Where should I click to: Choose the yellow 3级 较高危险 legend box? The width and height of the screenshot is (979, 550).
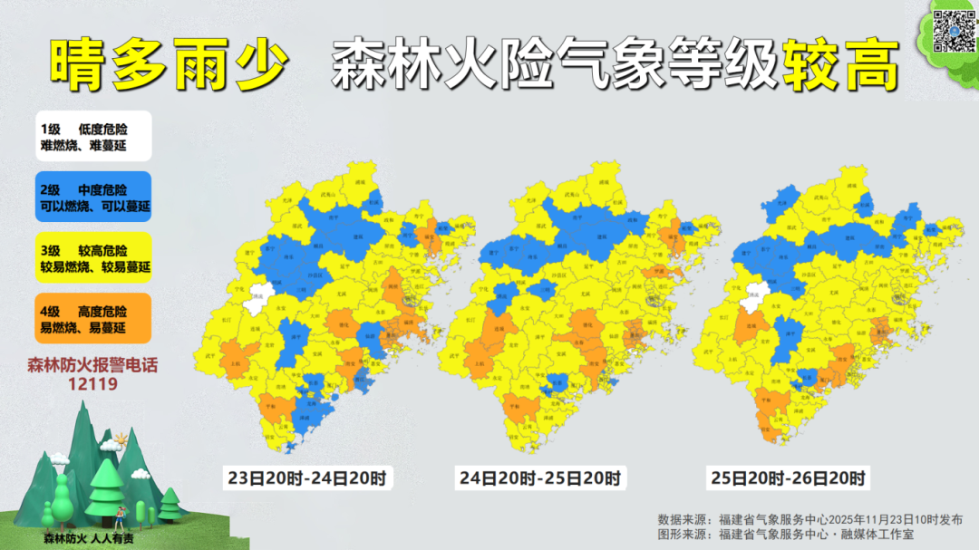(x=94, y=258)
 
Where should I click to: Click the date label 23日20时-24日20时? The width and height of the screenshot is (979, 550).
(x=307, y=478)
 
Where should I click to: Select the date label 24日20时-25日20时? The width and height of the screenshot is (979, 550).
(x=541, y=478)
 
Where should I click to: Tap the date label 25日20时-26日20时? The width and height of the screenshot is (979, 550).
(x=788, y=478)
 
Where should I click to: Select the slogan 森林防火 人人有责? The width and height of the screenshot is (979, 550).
(x=88, y=538)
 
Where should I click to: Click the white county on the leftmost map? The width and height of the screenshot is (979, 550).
(x=260, y=294)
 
